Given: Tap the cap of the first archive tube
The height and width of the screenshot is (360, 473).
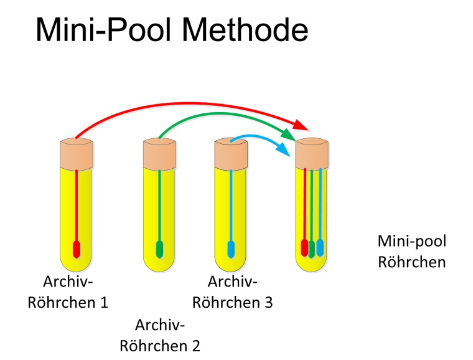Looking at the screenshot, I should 76,154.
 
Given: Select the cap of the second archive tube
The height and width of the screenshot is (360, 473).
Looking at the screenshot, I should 159,154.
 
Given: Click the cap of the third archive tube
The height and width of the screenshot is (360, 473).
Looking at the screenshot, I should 231,154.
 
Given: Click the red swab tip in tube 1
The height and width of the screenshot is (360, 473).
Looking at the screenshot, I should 76,249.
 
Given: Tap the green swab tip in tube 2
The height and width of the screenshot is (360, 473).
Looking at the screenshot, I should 159,249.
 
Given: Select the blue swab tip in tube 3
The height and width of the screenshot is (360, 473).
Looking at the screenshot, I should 231,249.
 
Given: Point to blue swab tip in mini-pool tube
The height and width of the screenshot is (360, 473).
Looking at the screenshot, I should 320,247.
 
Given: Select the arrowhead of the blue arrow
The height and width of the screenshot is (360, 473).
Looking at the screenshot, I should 284,150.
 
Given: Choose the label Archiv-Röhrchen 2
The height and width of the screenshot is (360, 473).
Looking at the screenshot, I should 160,335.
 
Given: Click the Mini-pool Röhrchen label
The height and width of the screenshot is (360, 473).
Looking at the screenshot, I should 412,251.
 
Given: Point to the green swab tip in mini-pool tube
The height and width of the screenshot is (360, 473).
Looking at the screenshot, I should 312,249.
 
